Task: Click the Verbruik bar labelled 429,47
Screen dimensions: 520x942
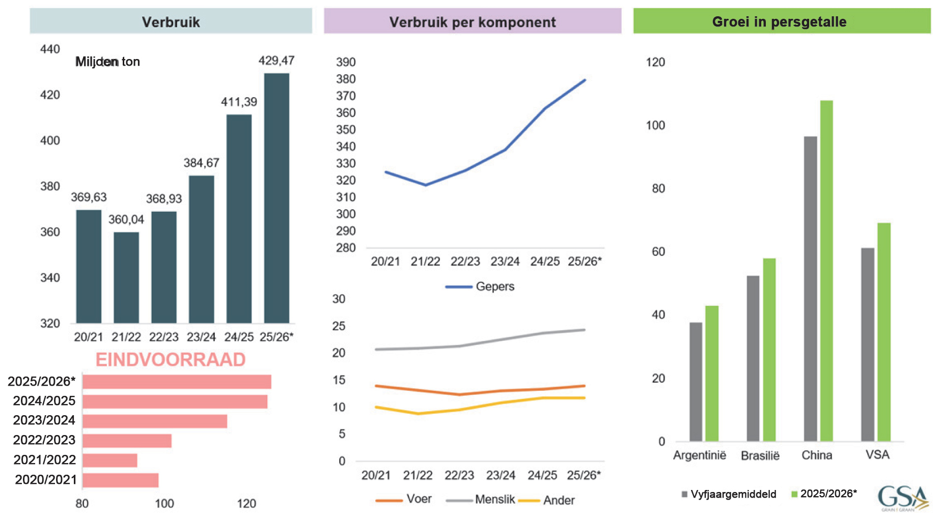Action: click(276, 198)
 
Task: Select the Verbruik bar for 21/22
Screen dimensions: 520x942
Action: click(126, 277)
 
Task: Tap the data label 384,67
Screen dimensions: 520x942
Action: click(201, 163)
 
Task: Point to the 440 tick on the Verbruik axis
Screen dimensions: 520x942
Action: click(50, 49)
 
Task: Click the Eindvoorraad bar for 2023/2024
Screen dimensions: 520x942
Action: click(155, 421)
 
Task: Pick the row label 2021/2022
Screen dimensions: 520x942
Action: click(44, 460)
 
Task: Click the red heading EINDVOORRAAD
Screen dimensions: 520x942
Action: click(171, 360)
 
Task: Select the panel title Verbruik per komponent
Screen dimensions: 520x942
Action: click(472, 22)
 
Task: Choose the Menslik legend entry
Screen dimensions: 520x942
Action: click(481, 500)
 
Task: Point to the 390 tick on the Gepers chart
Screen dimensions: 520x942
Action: click(346, 62)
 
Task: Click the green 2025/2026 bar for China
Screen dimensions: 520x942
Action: click(826, 271)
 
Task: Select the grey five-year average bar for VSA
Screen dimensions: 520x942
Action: click(868, 344)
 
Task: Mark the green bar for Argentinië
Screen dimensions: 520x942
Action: click(712, 373)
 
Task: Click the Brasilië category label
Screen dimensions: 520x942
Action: click(760, 455)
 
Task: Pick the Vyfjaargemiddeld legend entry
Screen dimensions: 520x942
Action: click(729, 494)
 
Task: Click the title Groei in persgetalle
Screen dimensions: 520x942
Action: click(779, 22)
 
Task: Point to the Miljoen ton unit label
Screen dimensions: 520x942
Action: click(107, 62)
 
